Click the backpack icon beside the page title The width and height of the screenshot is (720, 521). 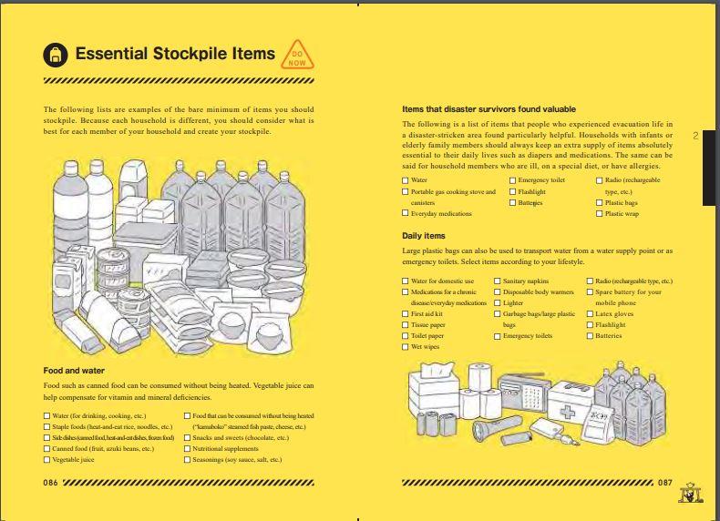tap(55, 56)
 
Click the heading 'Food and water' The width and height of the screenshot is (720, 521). tap(74, 371)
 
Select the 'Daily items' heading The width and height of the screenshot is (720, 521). tap(424, 236)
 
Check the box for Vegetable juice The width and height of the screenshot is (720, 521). tap(47, 460)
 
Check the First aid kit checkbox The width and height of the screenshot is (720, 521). tap(406, 314)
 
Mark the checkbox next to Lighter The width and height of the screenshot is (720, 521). tap(498, 303)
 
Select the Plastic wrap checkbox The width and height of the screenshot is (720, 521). tap(599, 214)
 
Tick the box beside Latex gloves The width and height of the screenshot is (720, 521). tap(590, 314)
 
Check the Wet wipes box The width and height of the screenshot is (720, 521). tap(406, 347)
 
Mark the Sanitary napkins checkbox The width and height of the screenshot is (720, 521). tap(498, 281)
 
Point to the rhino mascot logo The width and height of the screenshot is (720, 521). tap(690, 493)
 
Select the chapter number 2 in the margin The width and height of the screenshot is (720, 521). tap(695, 137)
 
